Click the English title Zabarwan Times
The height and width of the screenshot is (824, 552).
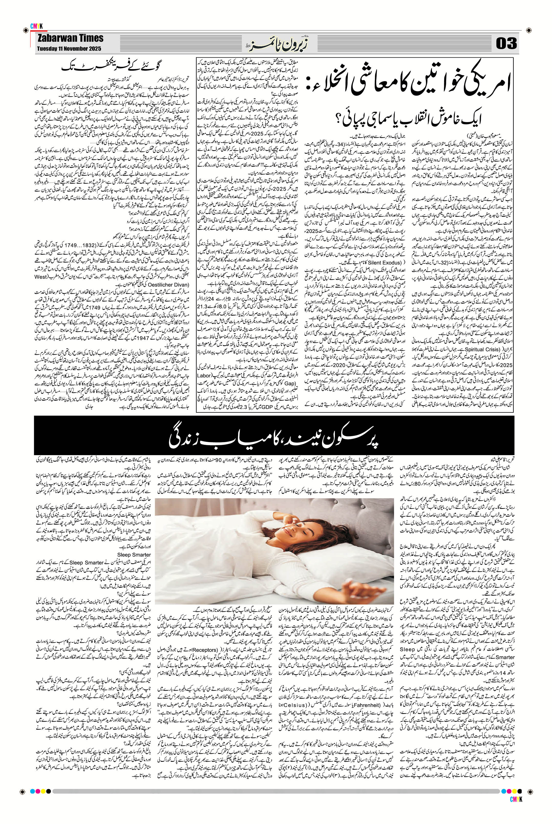point(70,38)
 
